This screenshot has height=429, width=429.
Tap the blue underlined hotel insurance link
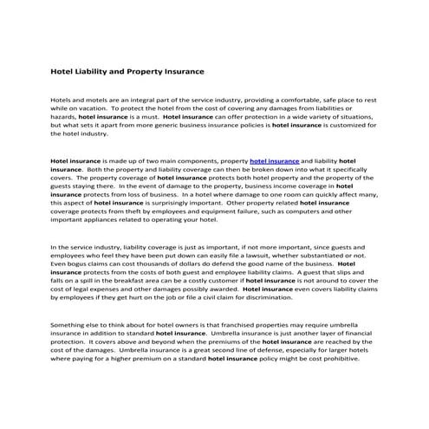(x=274, y=161)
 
